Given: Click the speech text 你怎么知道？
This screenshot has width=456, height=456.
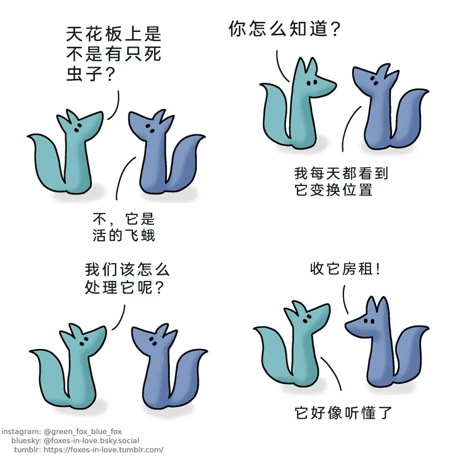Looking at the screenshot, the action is click(285, 28).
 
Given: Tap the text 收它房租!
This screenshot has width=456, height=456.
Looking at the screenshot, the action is click(345, 269).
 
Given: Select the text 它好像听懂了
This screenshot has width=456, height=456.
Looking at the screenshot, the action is click(343, 413).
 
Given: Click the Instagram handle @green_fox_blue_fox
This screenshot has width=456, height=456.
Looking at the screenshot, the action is click(83, 431).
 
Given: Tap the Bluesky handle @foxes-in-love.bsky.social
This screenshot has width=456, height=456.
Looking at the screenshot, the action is click(91, 440).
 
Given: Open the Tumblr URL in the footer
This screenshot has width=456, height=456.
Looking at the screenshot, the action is click(104, 450).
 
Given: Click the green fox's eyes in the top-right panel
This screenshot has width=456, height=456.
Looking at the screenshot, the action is click(312, 83).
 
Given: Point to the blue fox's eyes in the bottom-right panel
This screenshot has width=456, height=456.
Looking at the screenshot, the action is click(369, 321).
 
